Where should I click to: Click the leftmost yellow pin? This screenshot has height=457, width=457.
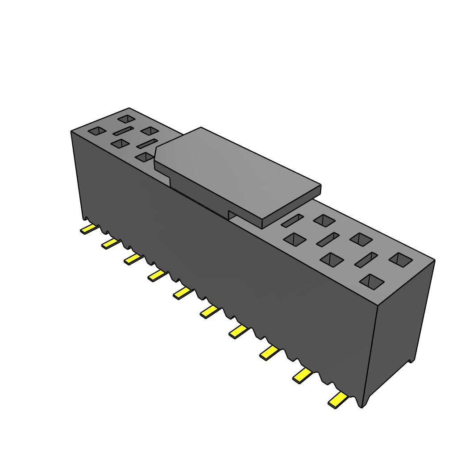point(88,229)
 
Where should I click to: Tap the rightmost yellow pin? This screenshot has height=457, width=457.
point(337,400)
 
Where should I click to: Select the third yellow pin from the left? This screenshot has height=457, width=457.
point(133,259)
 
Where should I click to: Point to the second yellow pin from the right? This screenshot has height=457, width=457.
point(303,376)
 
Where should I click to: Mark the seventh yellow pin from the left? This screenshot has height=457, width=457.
point(238,331)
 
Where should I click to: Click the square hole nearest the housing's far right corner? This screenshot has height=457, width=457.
point(401,260)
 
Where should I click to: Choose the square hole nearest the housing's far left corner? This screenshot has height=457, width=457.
point(97,131)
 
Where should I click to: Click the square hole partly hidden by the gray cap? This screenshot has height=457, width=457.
point(145,157)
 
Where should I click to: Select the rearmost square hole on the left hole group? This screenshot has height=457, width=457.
point(127,119)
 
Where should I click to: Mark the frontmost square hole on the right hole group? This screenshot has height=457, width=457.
point(372,281)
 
